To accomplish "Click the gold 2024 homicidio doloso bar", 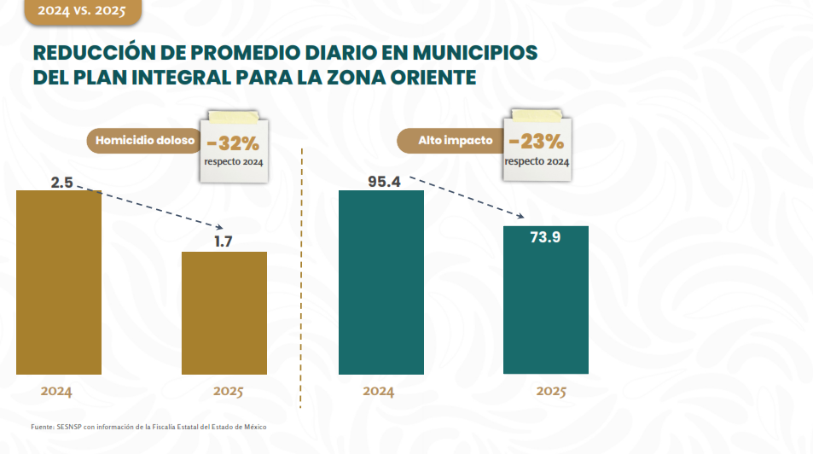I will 59,282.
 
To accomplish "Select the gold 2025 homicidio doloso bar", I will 224,312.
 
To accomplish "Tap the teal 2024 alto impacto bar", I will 380,282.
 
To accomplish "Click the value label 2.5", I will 61,182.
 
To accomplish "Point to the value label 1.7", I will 224,242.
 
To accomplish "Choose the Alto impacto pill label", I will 456,140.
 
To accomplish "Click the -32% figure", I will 233,142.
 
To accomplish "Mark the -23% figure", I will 536,141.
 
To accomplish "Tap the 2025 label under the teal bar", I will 551,392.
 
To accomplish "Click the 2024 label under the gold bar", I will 56,392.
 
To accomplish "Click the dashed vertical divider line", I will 302,282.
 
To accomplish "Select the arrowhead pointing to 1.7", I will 220,226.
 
